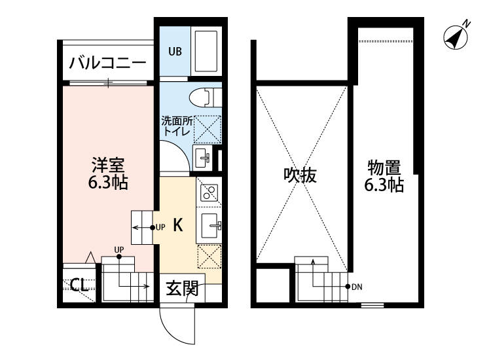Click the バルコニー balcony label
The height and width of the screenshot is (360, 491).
108,64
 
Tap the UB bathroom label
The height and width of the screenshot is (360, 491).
175,51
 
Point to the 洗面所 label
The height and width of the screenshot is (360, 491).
176,121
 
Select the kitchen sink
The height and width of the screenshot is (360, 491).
210,225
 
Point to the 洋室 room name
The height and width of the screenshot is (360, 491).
108,164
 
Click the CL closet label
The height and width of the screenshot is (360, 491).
80,284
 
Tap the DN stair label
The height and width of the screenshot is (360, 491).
356,287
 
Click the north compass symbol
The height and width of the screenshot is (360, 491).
456,37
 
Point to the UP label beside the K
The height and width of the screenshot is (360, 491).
161,227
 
